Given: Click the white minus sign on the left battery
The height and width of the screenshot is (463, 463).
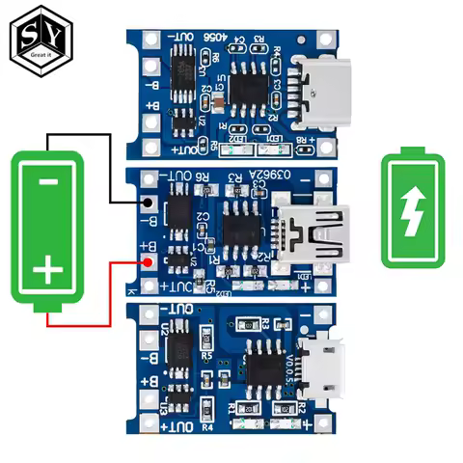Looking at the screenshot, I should (x=47, y=183).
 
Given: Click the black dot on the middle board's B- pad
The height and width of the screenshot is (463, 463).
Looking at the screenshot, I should (x=147, y=203).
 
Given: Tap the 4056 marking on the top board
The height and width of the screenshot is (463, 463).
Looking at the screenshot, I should (x=216, y=38).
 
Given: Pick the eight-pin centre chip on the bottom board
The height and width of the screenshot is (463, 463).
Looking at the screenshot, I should (x=260, y=368).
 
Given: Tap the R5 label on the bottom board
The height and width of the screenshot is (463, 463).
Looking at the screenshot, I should (x=205, y=355).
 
